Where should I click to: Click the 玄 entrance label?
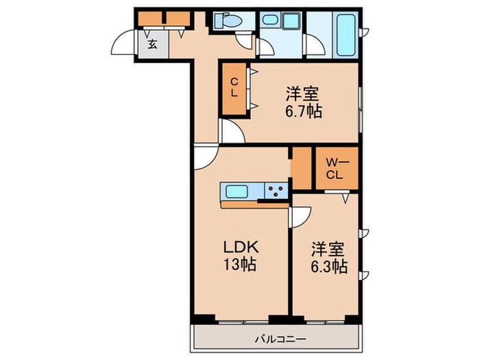152,45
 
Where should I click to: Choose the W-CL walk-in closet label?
335,169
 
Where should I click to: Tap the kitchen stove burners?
277,191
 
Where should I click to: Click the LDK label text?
239,247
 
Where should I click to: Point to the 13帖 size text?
239,264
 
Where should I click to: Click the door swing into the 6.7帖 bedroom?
232,132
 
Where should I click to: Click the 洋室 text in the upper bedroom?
304,92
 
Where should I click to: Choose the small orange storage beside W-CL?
301,169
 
